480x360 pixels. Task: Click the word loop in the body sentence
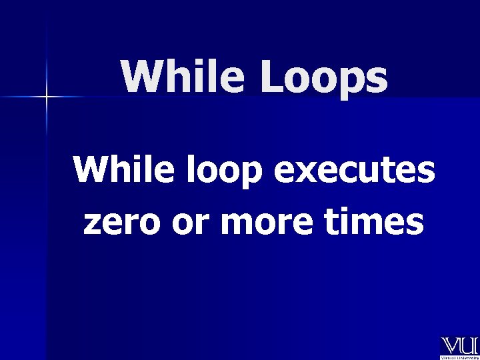215,172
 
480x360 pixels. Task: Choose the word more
265,224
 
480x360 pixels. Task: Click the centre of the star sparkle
47,97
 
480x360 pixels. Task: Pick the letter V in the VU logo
450,346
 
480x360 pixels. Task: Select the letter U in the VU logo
469,346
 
